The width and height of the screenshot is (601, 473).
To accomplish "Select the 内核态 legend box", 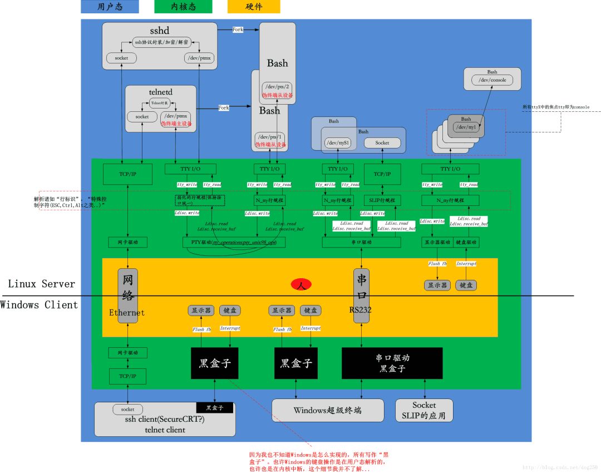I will pyautogui.click(x=183, y=7).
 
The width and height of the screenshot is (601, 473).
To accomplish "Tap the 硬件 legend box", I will pyautogui.click(x=254, y=7).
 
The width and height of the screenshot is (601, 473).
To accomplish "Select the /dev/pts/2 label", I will pyautogui.click(x=277, y=86).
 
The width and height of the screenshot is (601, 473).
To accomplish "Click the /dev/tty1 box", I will pyautogui.click(x=466, y=127).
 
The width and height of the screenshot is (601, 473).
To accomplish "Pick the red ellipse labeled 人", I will pyautogui.click(x=301, y=284).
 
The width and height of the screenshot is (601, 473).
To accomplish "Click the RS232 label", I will pyautogui.click(x=361, y=310).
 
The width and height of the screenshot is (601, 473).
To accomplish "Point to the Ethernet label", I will pyautogui.click(x=127, y=313).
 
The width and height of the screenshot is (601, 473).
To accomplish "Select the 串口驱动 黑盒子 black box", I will pyautogui.click(x=392, y=363).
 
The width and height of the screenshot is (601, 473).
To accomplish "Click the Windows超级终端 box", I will pyautogui.click(x=327, y=411).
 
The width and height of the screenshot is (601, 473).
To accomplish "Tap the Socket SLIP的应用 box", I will pyautogui.click(x=424, y=411).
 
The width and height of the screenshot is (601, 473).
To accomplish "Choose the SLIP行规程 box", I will pyautogui.click(x=382, y=200).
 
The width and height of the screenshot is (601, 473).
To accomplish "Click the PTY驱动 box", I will pyautogui.click(x=234, y=243).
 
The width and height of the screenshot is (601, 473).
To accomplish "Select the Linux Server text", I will pyautogui.click(x=41, y=284).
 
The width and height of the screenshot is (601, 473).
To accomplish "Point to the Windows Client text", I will pyautogui.click(x=39, y=304).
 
